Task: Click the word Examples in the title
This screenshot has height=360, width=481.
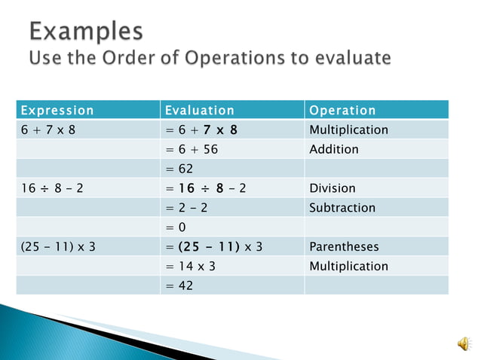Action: pyautogui.click(x=86, y=31)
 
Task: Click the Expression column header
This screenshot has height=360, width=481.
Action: pyautogui.click(x=57, y=110)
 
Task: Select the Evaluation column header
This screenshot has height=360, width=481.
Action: pyautogui.click(x=200, y=110)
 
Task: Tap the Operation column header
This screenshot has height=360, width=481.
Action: pyautogui.click(x=342, y=110)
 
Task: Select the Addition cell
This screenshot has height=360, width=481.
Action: pyautogui.click(x=334, y=149)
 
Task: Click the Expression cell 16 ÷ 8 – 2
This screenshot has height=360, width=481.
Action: pyautogui.click(x=52, y=188)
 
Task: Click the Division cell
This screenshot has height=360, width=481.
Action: pyautogui.click(x=332, y=188)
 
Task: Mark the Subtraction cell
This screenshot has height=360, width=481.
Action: pyautogui.click(x=341, y=208)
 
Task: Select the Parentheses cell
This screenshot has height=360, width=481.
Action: pyautogui.click(x=344, y=246)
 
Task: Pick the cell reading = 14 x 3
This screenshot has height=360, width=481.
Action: pyautogui.click(x=191, y=266)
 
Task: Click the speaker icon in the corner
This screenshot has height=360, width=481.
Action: pyautogui.click(x=462, y=343)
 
